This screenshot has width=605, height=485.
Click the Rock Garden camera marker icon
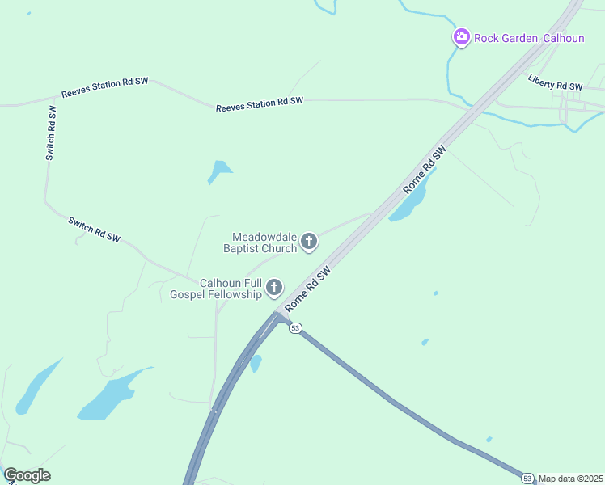tap(461, 36)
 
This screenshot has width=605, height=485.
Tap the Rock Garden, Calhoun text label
tap(517, 36)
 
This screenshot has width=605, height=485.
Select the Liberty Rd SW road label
tap(555, 82)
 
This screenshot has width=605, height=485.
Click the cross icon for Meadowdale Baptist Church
tap(309, 241)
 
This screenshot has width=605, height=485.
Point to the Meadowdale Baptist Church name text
tap(264, 242)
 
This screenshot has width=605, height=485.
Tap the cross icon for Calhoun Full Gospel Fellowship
tap(275, 287)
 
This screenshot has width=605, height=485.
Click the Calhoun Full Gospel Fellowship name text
tap(231, 289)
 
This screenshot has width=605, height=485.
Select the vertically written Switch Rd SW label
tap(51, 132)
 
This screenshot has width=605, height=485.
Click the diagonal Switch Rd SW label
tap(95, 230)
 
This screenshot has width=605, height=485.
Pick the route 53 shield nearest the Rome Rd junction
tap(295, 327)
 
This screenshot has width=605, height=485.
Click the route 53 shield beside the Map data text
tap(527, 478)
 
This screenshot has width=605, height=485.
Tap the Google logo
tap(27, 475)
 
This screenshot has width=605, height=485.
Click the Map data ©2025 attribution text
tap(571, 479)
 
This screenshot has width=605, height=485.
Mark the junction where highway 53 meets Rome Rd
tap(277, 315)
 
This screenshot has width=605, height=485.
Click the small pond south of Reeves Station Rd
tap(218, 171)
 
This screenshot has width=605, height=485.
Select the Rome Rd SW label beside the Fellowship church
tap(309, 287)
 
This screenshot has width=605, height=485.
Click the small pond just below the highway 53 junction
tap(256, 364)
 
